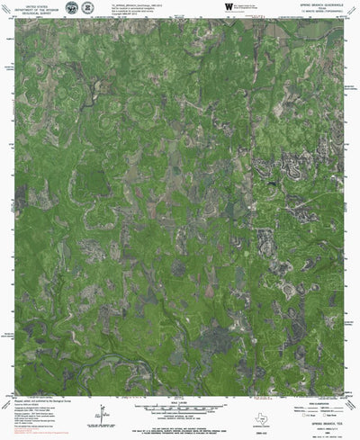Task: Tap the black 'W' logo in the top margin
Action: point(229,6)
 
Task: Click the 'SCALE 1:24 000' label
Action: point(180,401)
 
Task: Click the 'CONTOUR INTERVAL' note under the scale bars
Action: point(180,416)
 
